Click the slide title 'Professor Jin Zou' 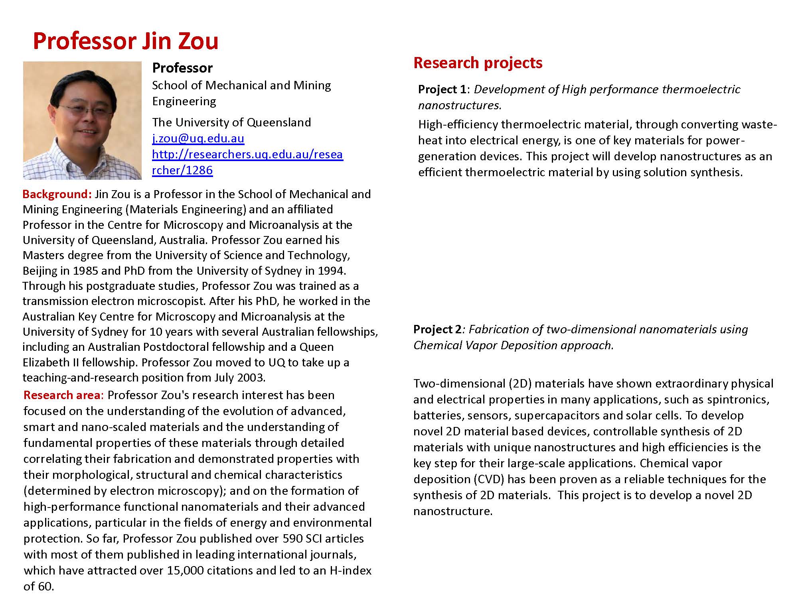point(126,41)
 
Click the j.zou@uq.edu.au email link point(198,138)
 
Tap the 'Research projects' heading point(478,63)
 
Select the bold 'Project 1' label point(442,89)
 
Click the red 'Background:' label point(57,194)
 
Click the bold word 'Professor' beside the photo point(182,68)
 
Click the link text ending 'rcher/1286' point(182,170)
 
